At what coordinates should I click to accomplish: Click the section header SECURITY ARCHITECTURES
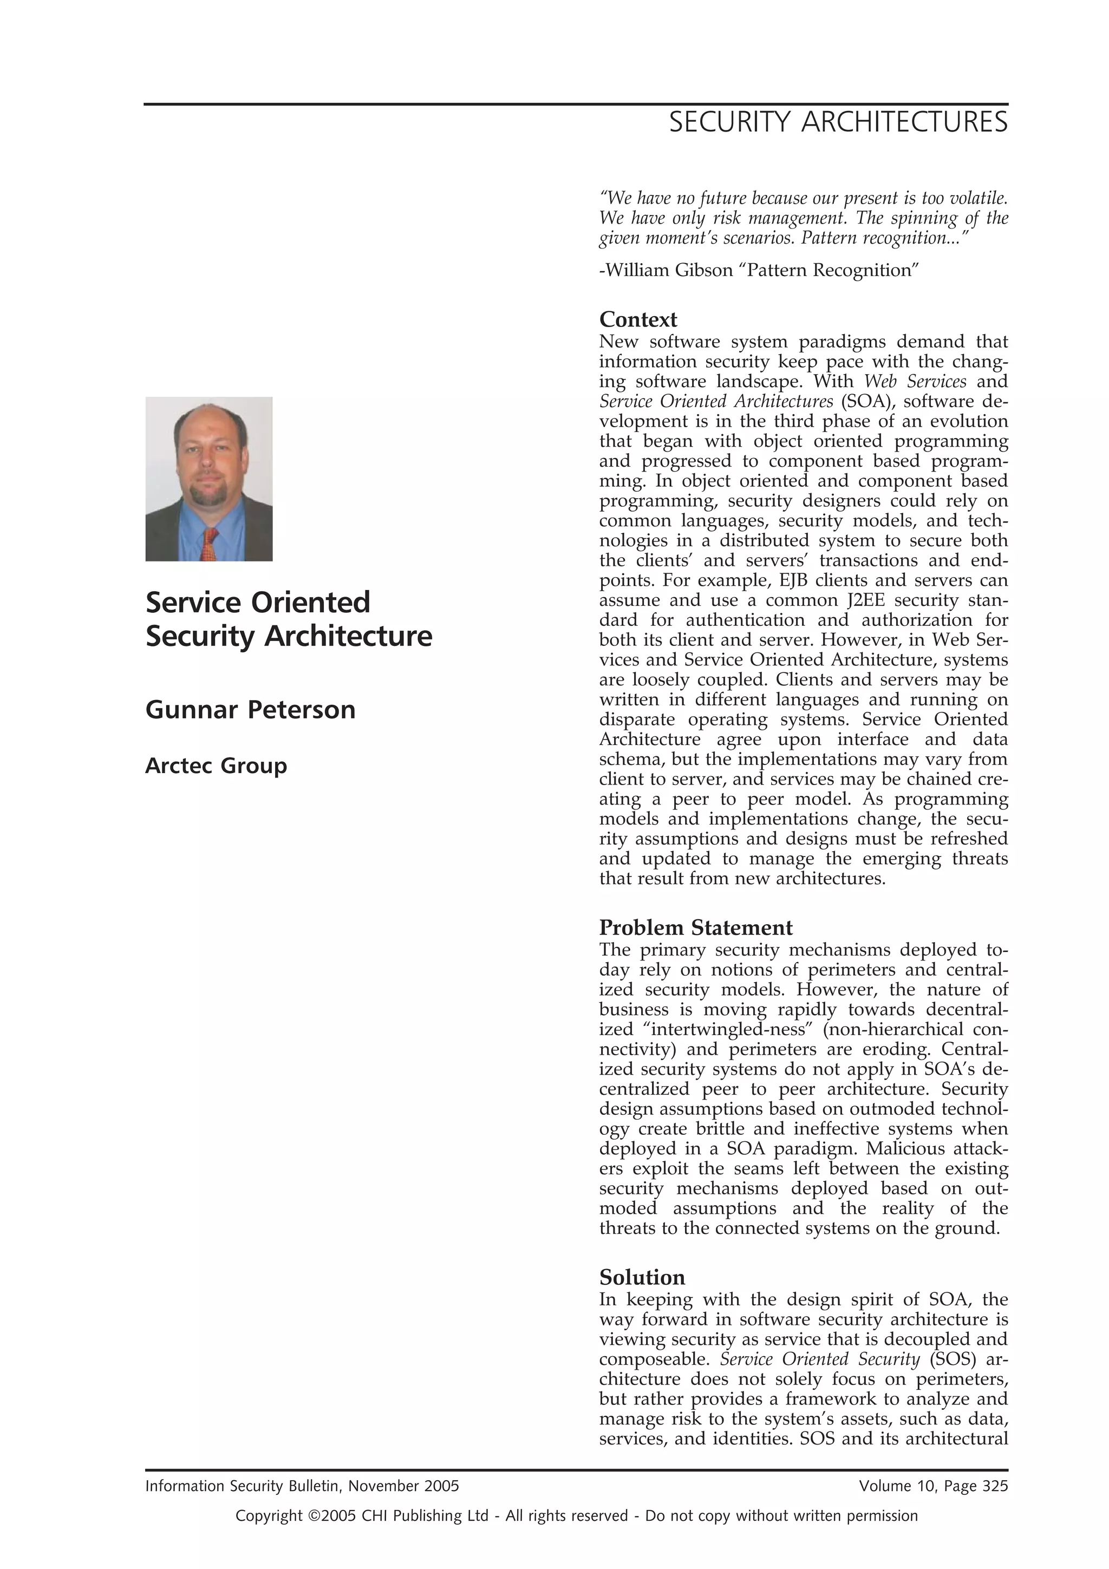tap(838, 122)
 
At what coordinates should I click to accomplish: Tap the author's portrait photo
tap(209, 479)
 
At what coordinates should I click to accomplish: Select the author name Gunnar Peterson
tap(250, 709)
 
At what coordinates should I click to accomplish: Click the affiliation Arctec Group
tap(216, 766)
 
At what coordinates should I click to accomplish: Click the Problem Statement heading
tap(696, 927)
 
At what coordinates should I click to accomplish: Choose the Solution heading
tap(642, 1277)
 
